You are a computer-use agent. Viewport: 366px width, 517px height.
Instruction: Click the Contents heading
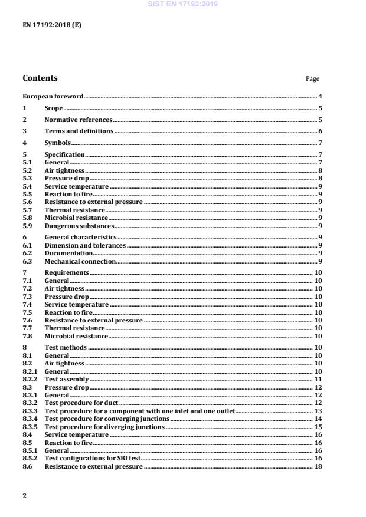(40, 78)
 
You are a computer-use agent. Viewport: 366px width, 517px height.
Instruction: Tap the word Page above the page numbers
(312, 79)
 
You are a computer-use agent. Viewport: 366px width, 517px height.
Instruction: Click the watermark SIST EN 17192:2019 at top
(184, 4)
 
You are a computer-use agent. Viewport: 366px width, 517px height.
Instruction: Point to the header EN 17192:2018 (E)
(51, 26)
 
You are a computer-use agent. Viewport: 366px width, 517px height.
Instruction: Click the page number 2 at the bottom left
(24, 496)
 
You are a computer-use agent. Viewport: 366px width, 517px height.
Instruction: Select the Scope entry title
(54, 108)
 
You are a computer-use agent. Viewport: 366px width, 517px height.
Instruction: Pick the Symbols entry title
(58, 143)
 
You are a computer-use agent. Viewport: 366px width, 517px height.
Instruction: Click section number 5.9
(27, 226)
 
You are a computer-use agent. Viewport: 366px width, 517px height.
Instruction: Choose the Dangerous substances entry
(79, 226)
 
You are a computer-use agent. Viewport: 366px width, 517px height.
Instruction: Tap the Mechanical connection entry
(80, 261)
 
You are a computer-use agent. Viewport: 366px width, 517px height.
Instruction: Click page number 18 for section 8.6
(318, 467)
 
